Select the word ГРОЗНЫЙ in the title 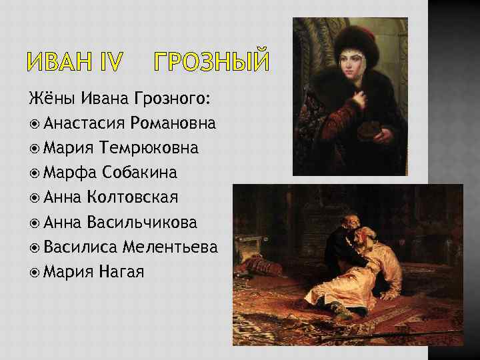point(211,63)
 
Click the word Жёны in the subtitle point(52,99)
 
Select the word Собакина point(140,172)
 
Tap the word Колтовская point(142,197)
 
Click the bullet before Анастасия point(34,124)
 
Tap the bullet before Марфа point(34,173)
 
